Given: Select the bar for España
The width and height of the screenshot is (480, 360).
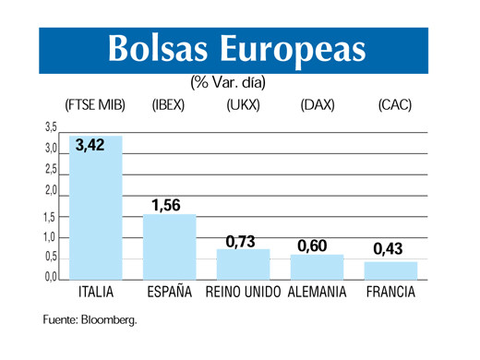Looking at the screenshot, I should [169, 247].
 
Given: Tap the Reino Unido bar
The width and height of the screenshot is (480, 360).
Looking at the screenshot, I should [243, 265].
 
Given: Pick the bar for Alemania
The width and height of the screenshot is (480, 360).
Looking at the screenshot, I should [317, 268].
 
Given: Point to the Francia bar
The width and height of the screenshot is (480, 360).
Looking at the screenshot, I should [390, 270].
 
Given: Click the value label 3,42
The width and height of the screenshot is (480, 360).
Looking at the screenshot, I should [90, 145].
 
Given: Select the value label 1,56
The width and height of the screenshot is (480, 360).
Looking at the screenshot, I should [165, 205].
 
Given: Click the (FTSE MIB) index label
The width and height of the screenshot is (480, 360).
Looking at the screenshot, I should [95, 104].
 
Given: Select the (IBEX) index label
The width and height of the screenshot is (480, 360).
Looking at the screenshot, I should [169, 104].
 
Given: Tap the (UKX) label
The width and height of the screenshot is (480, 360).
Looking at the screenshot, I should [243, 104].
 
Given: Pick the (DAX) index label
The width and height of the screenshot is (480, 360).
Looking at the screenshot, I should [317, 104].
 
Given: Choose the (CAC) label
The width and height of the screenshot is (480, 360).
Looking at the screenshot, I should [394, 104].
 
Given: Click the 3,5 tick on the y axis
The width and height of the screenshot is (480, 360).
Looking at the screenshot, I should [51, 126].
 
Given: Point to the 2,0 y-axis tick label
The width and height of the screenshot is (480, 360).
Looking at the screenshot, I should [51, 191].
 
